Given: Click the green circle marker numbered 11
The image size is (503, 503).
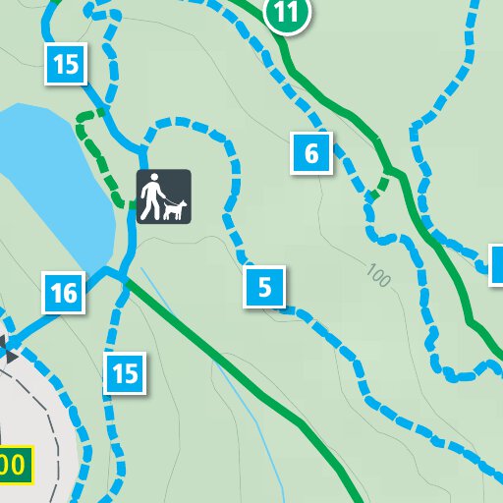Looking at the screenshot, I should (287, 13).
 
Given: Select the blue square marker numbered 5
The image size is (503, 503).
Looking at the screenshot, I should (265, 288).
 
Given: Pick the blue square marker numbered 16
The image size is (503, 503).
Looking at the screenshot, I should (64, 293).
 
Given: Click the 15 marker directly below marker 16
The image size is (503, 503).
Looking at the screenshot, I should (125, 373).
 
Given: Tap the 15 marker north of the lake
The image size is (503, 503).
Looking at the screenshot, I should (66, 65).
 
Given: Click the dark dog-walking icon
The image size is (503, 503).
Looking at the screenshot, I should (163, 196).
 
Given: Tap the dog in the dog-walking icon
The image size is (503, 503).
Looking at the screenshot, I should (176, 208).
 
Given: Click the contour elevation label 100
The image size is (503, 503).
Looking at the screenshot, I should (376, 277).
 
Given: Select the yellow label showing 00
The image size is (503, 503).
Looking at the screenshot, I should (14, 463).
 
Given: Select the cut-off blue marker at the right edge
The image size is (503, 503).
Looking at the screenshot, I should (497, 264).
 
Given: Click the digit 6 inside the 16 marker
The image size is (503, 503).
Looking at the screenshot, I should (71, 293).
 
